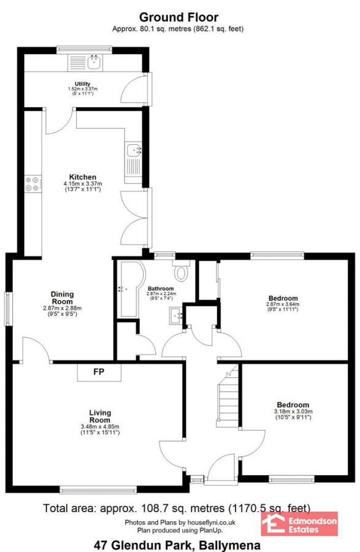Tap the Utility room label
pyautogui.click(x=83, y=84)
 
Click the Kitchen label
pyautogui.click(x=82, y=177)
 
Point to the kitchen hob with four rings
pyautogui.click(x=33, y=185)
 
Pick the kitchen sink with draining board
pyautogui.click(x=133, y=159)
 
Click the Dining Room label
pyautogui.click(x=62, y=298)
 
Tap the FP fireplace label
pyautogui.click(x=99, y=372)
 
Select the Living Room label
pyautogui.click(x=99, y=416)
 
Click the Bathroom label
pyautogui.click(x=160, y=288)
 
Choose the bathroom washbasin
pyautogui.click(x=175, y=316)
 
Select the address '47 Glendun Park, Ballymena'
pyautogui.click(x=177, y=545)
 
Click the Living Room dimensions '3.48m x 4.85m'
pyautogui.click(x=99, y=427)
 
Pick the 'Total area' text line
pyautogui.click(x=176, y=508)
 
